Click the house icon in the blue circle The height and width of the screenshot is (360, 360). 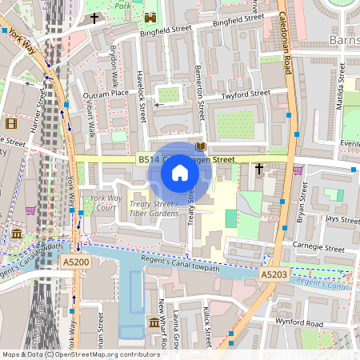click(x=180, y=172)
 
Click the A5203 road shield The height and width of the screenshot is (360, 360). click(x=274, y=274)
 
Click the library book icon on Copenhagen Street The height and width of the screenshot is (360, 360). click(x=200, y=146)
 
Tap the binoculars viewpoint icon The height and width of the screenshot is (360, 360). click(x=150, y=17)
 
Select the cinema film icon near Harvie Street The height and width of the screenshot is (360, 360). click(x=10, y=123)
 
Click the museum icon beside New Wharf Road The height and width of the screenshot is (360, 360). click(x=154, y=323)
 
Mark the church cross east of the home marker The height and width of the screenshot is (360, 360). click(x=258, y=169)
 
